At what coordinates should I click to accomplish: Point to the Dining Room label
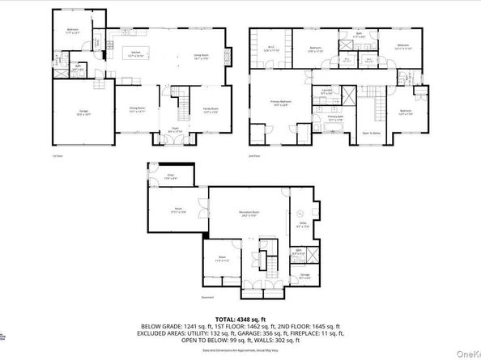138,108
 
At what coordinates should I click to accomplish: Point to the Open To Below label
372,133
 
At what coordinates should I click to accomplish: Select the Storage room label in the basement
304,277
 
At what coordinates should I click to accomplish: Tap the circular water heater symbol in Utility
299,214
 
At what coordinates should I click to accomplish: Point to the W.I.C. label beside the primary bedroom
272,49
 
